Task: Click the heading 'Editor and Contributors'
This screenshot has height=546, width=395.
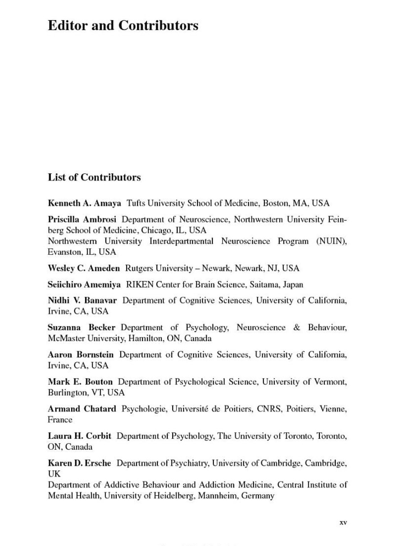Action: (123, 26)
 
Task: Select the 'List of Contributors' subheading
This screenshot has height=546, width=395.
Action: (94, 177)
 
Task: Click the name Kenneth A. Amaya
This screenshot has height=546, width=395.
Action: (84, 203)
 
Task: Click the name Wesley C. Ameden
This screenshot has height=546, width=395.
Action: (84, 268)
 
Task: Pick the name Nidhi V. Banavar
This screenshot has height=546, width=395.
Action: (82, 300)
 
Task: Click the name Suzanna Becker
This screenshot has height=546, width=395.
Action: (81, 327)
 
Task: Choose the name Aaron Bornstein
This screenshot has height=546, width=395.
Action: (81, 354)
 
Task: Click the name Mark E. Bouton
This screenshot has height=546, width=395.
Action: (80, 382)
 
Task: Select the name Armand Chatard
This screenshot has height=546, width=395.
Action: (82, 409)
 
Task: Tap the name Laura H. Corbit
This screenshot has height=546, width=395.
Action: (79, 436)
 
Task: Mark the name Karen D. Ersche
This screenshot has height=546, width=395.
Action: (79, 463)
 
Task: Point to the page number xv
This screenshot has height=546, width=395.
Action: (343, 523)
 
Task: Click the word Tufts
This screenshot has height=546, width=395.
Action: (136, 203)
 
